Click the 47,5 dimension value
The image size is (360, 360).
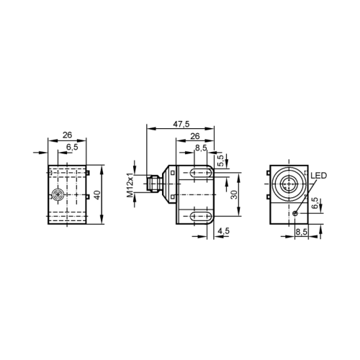click(x=181, y=124)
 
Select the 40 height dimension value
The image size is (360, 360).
click(x=97, y=194)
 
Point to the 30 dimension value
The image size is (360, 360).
click(x=234, y=194)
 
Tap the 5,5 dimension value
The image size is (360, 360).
click(x=220, y=161)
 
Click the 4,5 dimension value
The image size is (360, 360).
click(x=223, y=231)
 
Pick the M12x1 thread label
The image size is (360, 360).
click(x=130, y=185)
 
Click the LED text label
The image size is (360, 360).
click(x=319, y=176)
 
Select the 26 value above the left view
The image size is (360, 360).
click(x=67, y=135)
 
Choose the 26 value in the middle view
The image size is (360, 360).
click(x=195, y=136)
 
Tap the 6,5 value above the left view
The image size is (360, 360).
click(x=72, y=147)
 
